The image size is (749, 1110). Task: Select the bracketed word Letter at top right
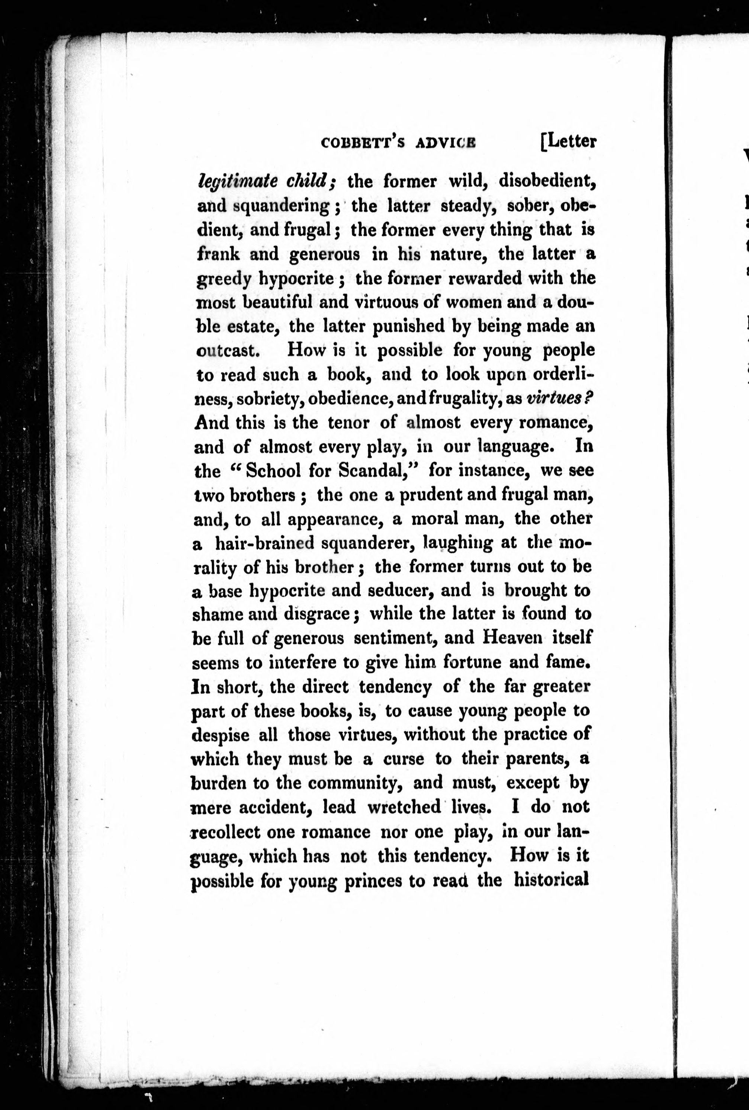click(x=569, y=142)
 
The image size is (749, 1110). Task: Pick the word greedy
click(x=224, y=279)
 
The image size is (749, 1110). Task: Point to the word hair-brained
click(x=265, y=543)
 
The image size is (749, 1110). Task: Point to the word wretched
click(x=404, y=807)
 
